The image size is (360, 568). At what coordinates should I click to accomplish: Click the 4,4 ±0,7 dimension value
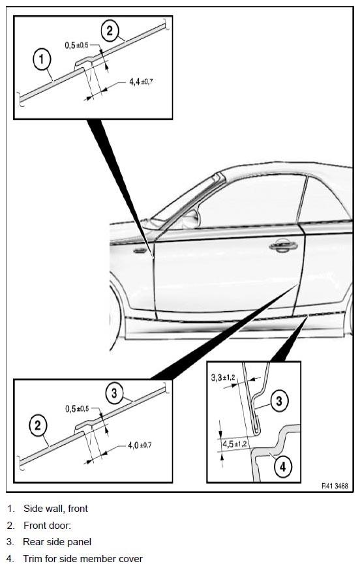[x=141, y=82]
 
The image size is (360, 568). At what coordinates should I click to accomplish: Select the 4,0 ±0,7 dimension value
[x=140, y=445]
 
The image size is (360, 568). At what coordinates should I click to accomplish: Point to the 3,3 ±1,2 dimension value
[x=223, y=378]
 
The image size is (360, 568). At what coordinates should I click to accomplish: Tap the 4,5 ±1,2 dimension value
[x=235, y=444]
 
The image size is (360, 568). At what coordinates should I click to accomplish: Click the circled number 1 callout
[x=42, y=59]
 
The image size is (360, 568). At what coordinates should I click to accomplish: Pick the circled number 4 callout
[x=282, y=466]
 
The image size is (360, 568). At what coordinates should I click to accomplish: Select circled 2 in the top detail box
[x=110, y=31]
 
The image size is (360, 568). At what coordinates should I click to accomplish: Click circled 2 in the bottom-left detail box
[x=38, y=425]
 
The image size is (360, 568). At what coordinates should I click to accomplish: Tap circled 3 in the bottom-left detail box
[x=114, y=393]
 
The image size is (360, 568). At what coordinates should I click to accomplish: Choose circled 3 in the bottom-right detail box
[x=279, y=400]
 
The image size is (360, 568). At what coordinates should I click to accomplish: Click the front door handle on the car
[x=283, y=246]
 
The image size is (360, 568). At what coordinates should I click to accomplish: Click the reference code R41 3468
[x=335, y=486]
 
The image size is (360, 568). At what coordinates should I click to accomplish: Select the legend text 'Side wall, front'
[x=55, y=509]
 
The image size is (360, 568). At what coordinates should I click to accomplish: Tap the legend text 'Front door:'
[x=48, y=525]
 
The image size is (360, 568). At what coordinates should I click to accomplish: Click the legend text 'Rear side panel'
[x=57, y=542]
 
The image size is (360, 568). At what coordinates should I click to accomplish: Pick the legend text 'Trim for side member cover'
[x=83, y=559]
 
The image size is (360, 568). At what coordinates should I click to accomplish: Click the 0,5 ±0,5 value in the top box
[x=76, y=45]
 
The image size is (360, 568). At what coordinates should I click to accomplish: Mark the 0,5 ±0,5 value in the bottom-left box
[x=77, y=409]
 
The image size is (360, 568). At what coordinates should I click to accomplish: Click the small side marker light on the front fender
[x=140, y=250]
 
